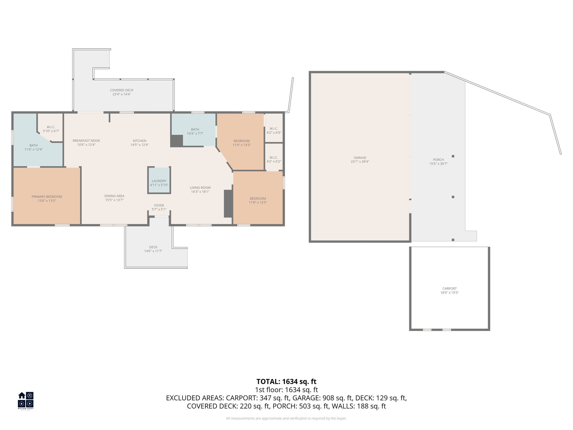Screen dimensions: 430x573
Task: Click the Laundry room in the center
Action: pyautogui.click(x=159, y=181)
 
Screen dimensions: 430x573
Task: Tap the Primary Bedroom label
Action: pyautogui.click(x=47, y=197)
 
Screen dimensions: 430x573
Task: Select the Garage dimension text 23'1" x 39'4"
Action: pyautogui.click(x=360, y=162)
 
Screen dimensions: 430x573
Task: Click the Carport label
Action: pyautogui.click(x=449, y=289)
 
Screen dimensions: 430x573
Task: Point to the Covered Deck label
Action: pyautogui.click(x=122, y=90)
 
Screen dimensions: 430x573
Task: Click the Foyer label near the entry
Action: pyautogui.click(x=159, y=205)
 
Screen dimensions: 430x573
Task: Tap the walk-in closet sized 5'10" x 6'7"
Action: pyautogui.click(x=51, y=129)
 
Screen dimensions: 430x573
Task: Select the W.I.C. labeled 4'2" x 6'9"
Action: pyautogui.click(x=274, y=131)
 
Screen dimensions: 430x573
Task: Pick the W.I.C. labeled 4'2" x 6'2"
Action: pyautogui.click(x=274, y=159)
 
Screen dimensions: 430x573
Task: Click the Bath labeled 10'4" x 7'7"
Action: pyautogui.click(x=195, y=131)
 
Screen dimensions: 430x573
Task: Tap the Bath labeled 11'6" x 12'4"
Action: pyautogui.click(x=34, y=147)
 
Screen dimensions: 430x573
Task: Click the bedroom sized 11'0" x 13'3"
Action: pyautogui.click(x=241, y=143)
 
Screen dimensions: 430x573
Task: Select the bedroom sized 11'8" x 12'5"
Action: pyautogui.click(x=258, y=200)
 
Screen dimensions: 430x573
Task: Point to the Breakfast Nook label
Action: pyautogui.click(x=86, y=141)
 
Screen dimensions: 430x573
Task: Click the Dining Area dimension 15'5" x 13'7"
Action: pyautogui.click(x=114, y=200)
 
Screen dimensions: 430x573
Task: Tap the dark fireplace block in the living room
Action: pyautogui.click(x=228, y=204)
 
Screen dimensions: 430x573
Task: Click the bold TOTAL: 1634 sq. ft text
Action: pyautogui.click(x=286, y=382)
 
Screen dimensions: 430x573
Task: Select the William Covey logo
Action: pyautogui.click(x=26, y=401)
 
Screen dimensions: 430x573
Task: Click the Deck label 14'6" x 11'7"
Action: pyautogui.click(x=153, y=249)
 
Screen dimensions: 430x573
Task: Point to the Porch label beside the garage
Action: pyautogui.click(x=438, y=160)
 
